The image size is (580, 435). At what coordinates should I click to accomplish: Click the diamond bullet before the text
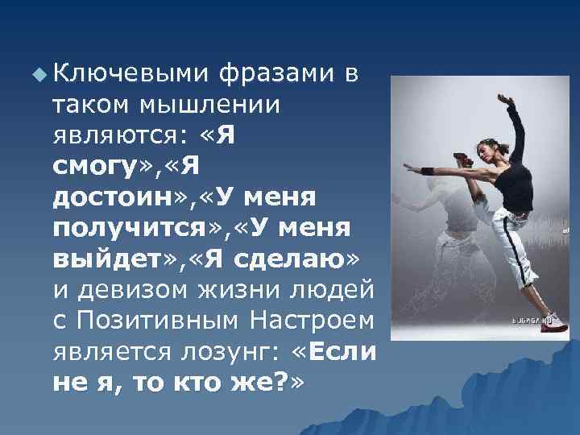[x=37, y=77]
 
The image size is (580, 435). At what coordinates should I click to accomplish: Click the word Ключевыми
[x=129, y=76]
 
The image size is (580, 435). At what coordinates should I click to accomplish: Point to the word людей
[x=326, y=288]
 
